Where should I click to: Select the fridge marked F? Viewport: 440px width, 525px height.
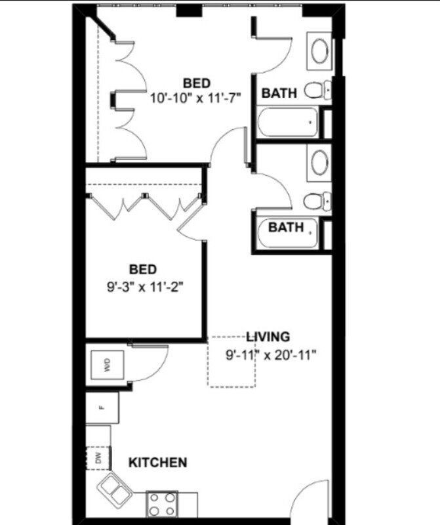click(x=102, y=408)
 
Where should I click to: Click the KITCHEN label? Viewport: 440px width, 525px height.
click(x=157, y=463)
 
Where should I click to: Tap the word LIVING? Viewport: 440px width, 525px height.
click(x=268, y=337)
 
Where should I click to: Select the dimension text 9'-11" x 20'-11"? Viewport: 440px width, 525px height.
click(x=271, y=355)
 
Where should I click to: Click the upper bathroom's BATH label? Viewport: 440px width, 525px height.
click(x=279, y=93)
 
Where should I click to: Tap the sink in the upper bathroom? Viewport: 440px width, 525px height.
click(x=319, y=51)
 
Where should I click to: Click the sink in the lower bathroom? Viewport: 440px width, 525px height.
click(x=319, y=162)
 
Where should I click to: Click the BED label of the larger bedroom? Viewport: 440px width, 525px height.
click(x=197, y=83)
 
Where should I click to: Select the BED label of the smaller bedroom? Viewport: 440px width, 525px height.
click(x=143, y=269)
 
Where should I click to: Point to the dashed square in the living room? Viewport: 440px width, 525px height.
click(x=231, y=362)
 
